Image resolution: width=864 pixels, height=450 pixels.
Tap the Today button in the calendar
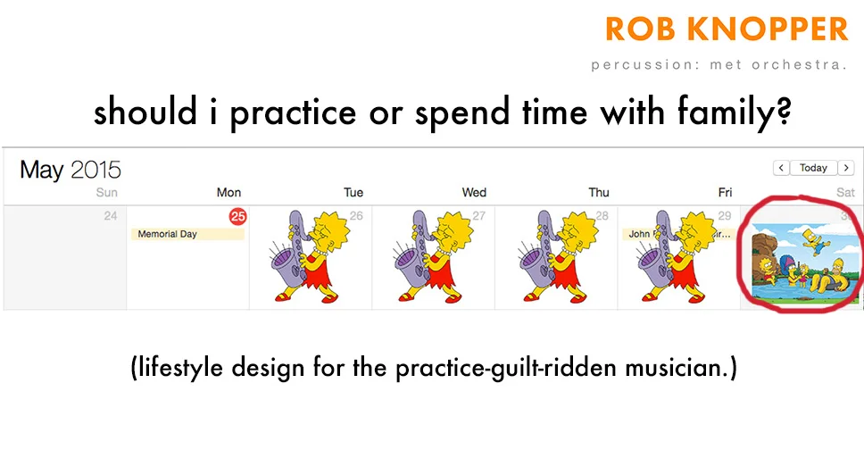(813, 168)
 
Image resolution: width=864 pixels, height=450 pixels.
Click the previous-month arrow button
(781, 168)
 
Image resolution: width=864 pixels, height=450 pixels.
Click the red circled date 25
(237, 216)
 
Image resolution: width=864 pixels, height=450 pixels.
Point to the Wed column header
(474, 192)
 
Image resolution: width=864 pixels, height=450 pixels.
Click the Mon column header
(228, 192)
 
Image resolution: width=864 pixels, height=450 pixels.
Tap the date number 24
(111, 216)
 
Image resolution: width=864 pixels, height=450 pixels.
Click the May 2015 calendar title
(71, 170)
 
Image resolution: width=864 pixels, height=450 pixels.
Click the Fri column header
(725, 192)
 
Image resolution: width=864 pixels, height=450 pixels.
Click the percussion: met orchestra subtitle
(719, 64)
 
